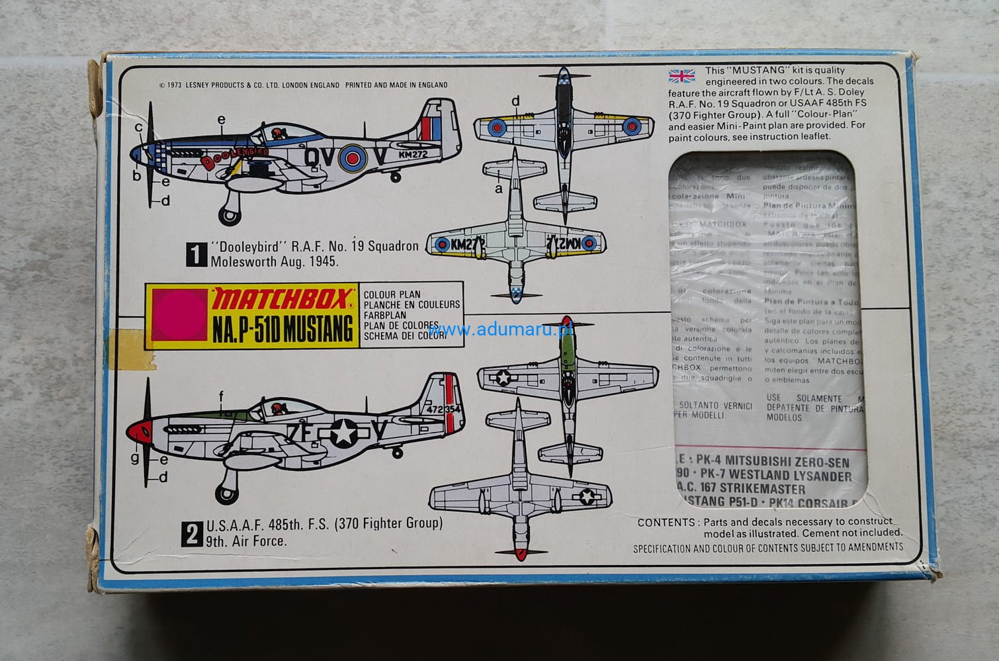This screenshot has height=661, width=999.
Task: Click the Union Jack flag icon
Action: click(x=682, y=75)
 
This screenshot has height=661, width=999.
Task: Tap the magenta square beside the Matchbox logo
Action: click(x=176, y=316)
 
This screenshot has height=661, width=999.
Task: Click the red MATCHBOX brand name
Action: click(x=280, y=302)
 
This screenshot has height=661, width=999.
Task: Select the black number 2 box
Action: click(x=193, y=533)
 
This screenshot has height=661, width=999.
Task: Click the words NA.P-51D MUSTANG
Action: click(x=282, y=330)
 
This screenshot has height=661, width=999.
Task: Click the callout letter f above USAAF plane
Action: click(x=222, y=396)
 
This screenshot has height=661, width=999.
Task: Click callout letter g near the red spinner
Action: click(x=135, y=457)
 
